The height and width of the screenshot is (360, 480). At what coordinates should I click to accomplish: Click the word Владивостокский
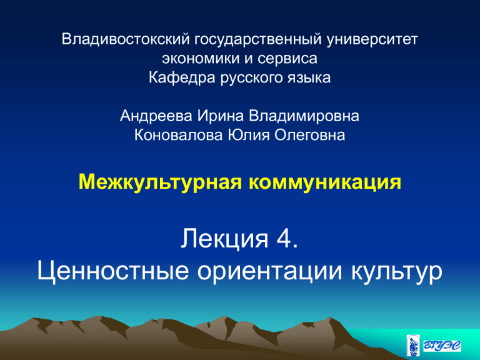tap(126, 39)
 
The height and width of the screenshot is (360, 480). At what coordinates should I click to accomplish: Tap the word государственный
tap(258, 40)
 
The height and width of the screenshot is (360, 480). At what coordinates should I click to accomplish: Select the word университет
tap(372, 40)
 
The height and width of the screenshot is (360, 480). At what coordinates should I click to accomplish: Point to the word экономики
tap(201, 59)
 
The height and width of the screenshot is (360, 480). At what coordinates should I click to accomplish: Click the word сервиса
tap(287, 59)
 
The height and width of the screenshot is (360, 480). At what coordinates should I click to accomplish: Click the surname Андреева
tap(156, 116)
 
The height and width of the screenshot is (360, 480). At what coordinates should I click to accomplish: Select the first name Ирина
tap(221, 116)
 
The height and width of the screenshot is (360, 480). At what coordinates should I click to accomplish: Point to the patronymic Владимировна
tap(304, 116)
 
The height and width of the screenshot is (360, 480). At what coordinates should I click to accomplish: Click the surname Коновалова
tap(179, 135)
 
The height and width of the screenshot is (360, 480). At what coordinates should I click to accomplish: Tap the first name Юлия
tap(249, 135)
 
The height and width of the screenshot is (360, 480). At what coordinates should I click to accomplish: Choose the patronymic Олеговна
tap(310, 135)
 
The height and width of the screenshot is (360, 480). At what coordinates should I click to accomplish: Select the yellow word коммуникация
tap(325, 182)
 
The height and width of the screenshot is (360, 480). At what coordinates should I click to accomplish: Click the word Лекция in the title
tap(224, 239)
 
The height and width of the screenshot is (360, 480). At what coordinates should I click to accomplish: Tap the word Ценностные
tap(112, 271)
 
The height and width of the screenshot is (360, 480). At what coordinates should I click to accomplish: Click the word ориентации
tap(270, 271)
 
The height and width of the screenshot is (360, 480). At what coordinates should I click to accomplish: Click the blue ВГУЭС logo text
tap(442, 346)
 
